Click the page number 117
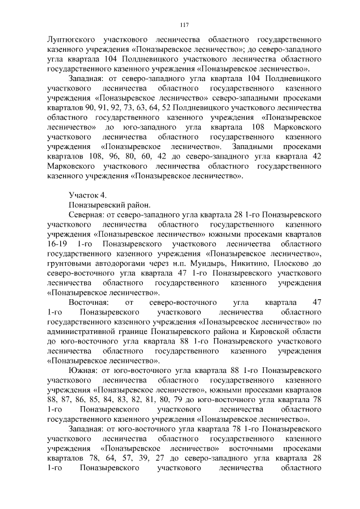[183, 25]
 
